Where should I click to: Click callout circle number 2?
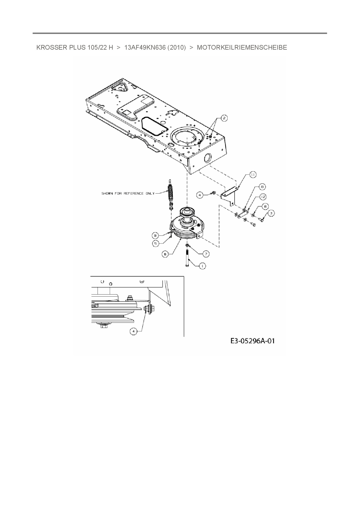click(x=224, y=118)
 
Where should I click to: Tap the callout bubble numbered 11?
click(x=253, y=175)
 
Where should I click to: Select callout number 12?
click(x=262, y=197)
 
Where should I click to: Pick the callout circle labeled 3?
click(x=271, y=213)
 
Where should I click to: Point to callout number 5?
click(x=156, y=243)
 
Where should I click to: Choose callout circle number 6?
click(x=165, y=254)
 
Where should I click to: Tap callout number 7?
click(x=206, y=254)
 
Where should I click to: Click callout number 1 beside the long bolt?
click(x=202, y=265)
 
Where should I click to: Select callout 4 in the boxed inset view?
click(x=133, y=331)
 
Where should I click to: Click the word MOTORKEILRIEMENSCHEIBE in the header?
click(x=242, y=48)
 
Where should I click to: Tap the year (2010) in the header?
click(x=177, y=48)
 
